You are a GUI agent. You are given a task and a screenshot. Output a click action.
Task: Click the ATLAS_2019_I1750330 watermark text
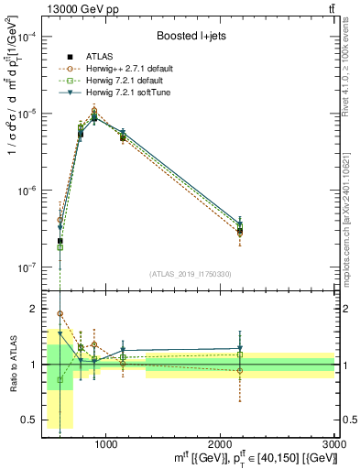[x=191, y=274]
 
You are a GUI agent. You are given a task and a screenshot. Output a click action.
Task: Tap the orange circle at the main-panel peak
[x=94, y=111]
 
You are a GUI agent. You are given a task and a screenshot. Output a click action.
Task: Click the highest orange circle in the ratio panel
[x=60, y=314]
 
